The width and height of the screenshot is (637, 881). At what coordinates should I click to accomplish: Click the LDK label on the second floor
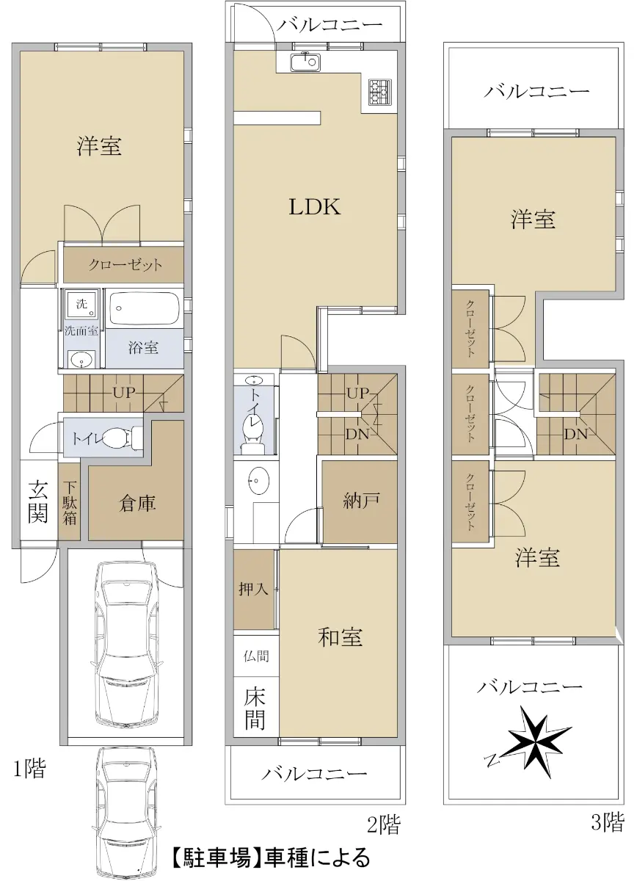pyautogui.click(x=315, y=206)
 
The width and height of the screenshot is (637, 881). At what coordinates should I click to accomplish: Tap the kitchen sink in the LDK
pyautogui.click(x=305, y=62)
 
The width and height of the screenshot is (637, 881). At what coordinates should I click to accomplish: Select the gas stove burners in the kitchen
pyautogui.click(x=380, y=92)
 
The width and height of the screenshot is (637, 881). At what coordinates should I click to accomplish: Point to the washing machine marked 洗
pyautogui.click(x=81, y=304)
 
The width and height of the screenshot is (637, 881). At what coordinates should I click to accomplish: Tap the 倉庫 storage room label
pyautogui.click(x=137, y=504)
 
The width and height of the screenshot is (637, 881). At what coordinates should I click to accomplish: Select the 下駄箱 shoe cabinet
pyautogui.click(x=69, y=501)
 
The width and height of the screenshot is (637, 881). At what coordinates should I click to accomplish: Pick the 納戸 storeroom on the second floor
pyautogui.click(x=360, y=501)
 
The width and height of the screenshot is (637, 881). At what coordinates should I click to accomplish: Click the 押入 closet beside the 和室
pyautogui.click(x=254, y=589)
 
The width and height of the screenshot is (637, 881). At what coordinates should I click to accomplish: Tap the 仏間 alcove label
pyautogui.click(x=256, y=656)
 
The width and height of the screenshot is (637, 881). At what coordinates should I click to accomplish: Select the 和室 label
pyautogui.click(x=340, y=637)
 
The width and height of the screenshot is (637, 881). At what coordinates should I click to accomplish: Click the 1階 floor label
pyautogui.click(x=30, y=768)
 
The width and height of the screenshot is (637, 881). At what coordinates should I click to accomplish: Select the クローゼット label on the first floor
pyautogui.click(x=125, y=265)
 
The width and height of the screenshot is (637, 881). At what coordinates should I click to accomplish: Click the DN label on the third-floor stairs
pyautogui.click(x=576, y=434)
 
